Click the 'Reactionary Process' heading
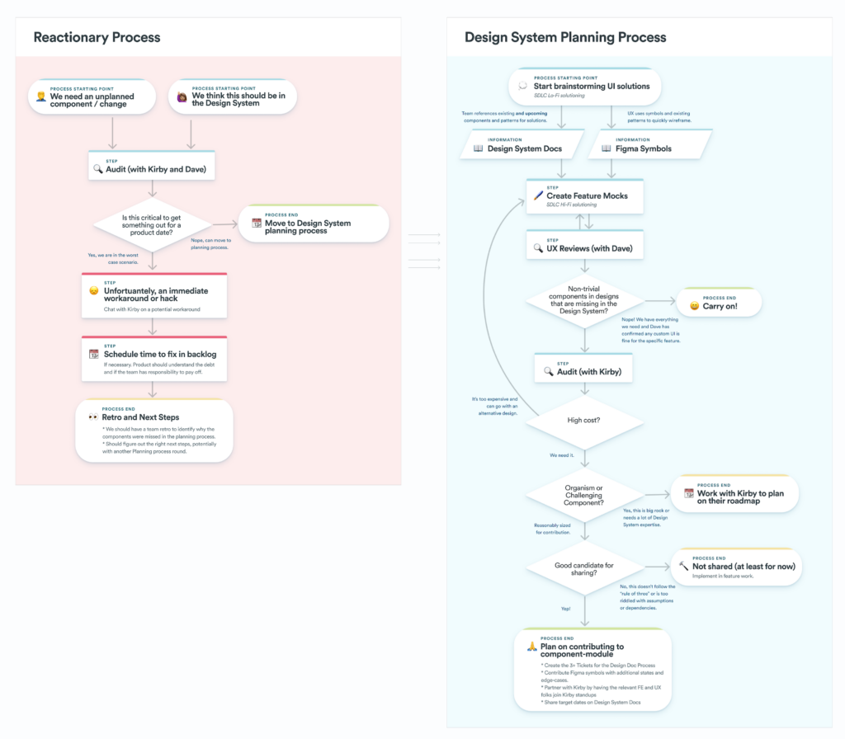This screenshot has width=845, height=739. pos(97,37)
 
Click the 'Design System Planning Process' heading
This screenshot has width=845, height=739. pos(565,37)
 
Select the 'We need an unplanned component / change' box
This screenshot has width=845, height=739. pos(92,97)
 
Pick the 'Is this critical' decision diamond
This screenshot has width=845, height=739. pos(151,224)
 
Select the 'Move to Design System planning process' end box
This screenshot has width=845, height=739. pos(314,224)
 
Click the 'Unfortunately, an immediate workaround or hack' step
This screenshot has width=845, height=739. pos(153,295)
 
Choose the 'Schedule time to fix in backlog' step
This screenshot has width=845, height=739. pos(153,358)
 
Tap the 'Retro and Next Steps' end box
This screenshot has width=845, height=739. pos(153,430)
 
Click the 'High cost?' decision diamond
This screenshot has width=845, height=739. pos(584,421)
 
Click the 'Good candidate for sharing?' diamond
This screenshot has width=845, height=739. pos(584,567)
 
